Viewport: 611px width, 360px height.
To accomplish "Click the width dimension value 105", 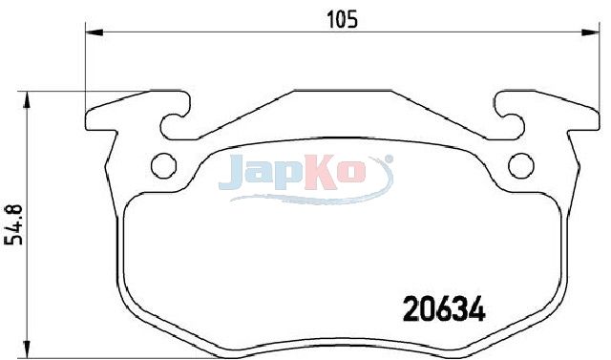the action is (342, 19).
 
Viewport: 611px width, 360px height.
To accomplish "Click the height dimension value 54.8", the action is (13, 224).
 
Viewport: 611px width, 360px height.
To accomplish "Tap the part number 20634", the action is (444, 309).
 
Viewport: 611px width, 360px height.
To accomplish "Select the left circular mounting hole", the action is (163, 165).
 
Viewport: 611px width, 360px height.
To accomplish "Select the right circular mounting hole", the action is (521, 165).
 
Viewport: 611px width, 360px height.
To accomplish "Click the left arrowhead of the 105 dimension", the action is (94, 32).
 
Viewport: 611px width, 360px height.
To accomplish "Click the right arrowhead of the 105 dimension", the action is (591, 32).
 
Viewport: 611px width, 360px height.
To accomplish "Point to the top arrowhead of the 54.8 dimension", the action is (27, 99).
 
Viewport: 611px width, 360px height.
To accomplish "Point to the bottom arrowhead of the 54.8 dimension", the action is (27, 349).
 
